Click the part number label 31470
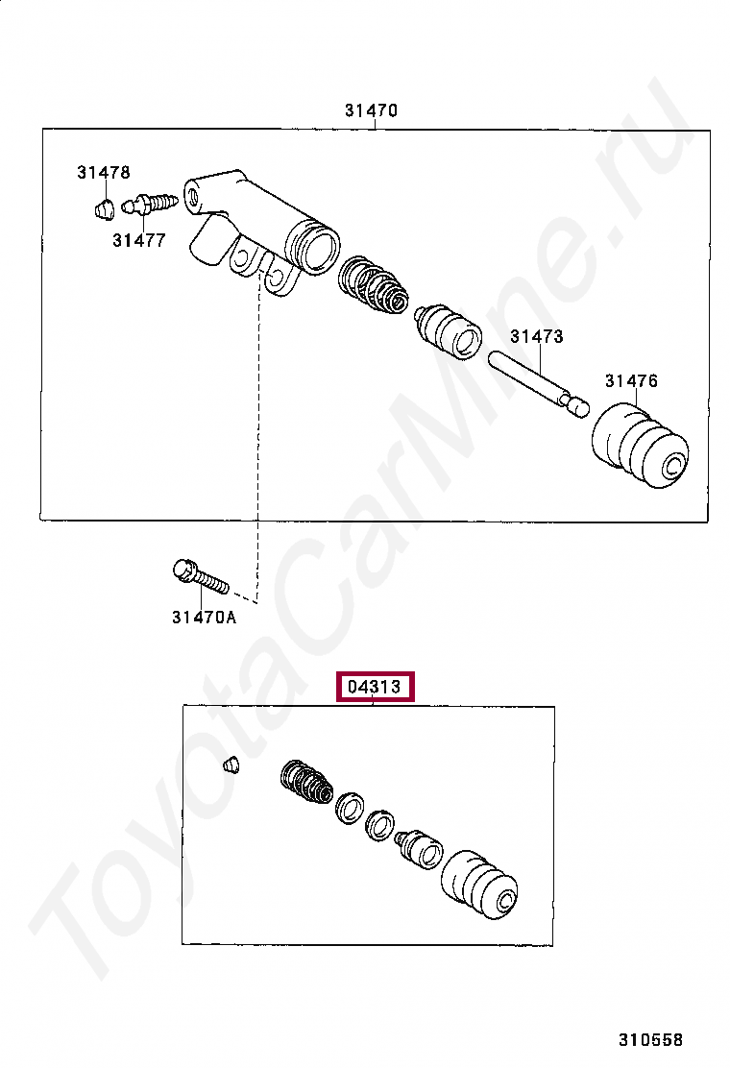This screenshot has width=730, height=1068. [371, 109]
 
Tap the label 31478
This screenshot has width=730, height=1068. [103, 172]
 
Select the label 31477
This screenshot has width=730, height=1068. [139, 240]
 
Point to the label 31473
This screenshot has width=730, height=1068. [537, 336]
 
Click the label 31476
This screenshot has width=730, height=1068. [631, 380]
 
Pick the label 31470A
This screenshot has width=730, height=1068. [204, 618]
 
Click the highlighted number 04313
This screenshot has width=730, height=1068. [375, 687]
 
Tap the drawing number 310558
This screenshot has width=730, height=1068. [650, 1039]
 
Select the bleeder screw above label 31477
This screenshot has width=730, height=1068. [150, 203]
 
